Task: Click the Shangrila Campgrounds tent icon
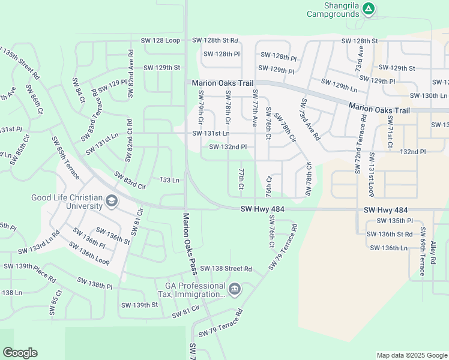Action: coord(369,8)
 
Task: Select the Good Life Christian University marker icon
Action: coord(111,202)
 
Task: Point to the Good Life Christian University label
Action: coord(67,202)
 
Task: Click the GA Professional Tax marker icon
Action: coord(235,290)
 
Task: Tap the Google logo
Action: coord(20,353)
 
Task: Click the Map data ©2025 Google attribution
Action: coord(411,355)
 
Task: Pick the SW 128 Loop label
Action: coord(160,40)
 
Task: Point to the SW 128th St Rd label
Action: coord(215,40)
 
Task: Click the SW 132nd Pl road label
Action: coord(228,146)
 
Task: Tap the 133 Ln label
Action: coord(169,180)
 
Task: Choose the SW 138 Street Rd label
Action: coord(226,269)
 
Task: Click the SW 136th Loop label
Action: coord(89,254)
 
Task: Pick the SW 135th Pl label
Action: coord(392,220)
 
